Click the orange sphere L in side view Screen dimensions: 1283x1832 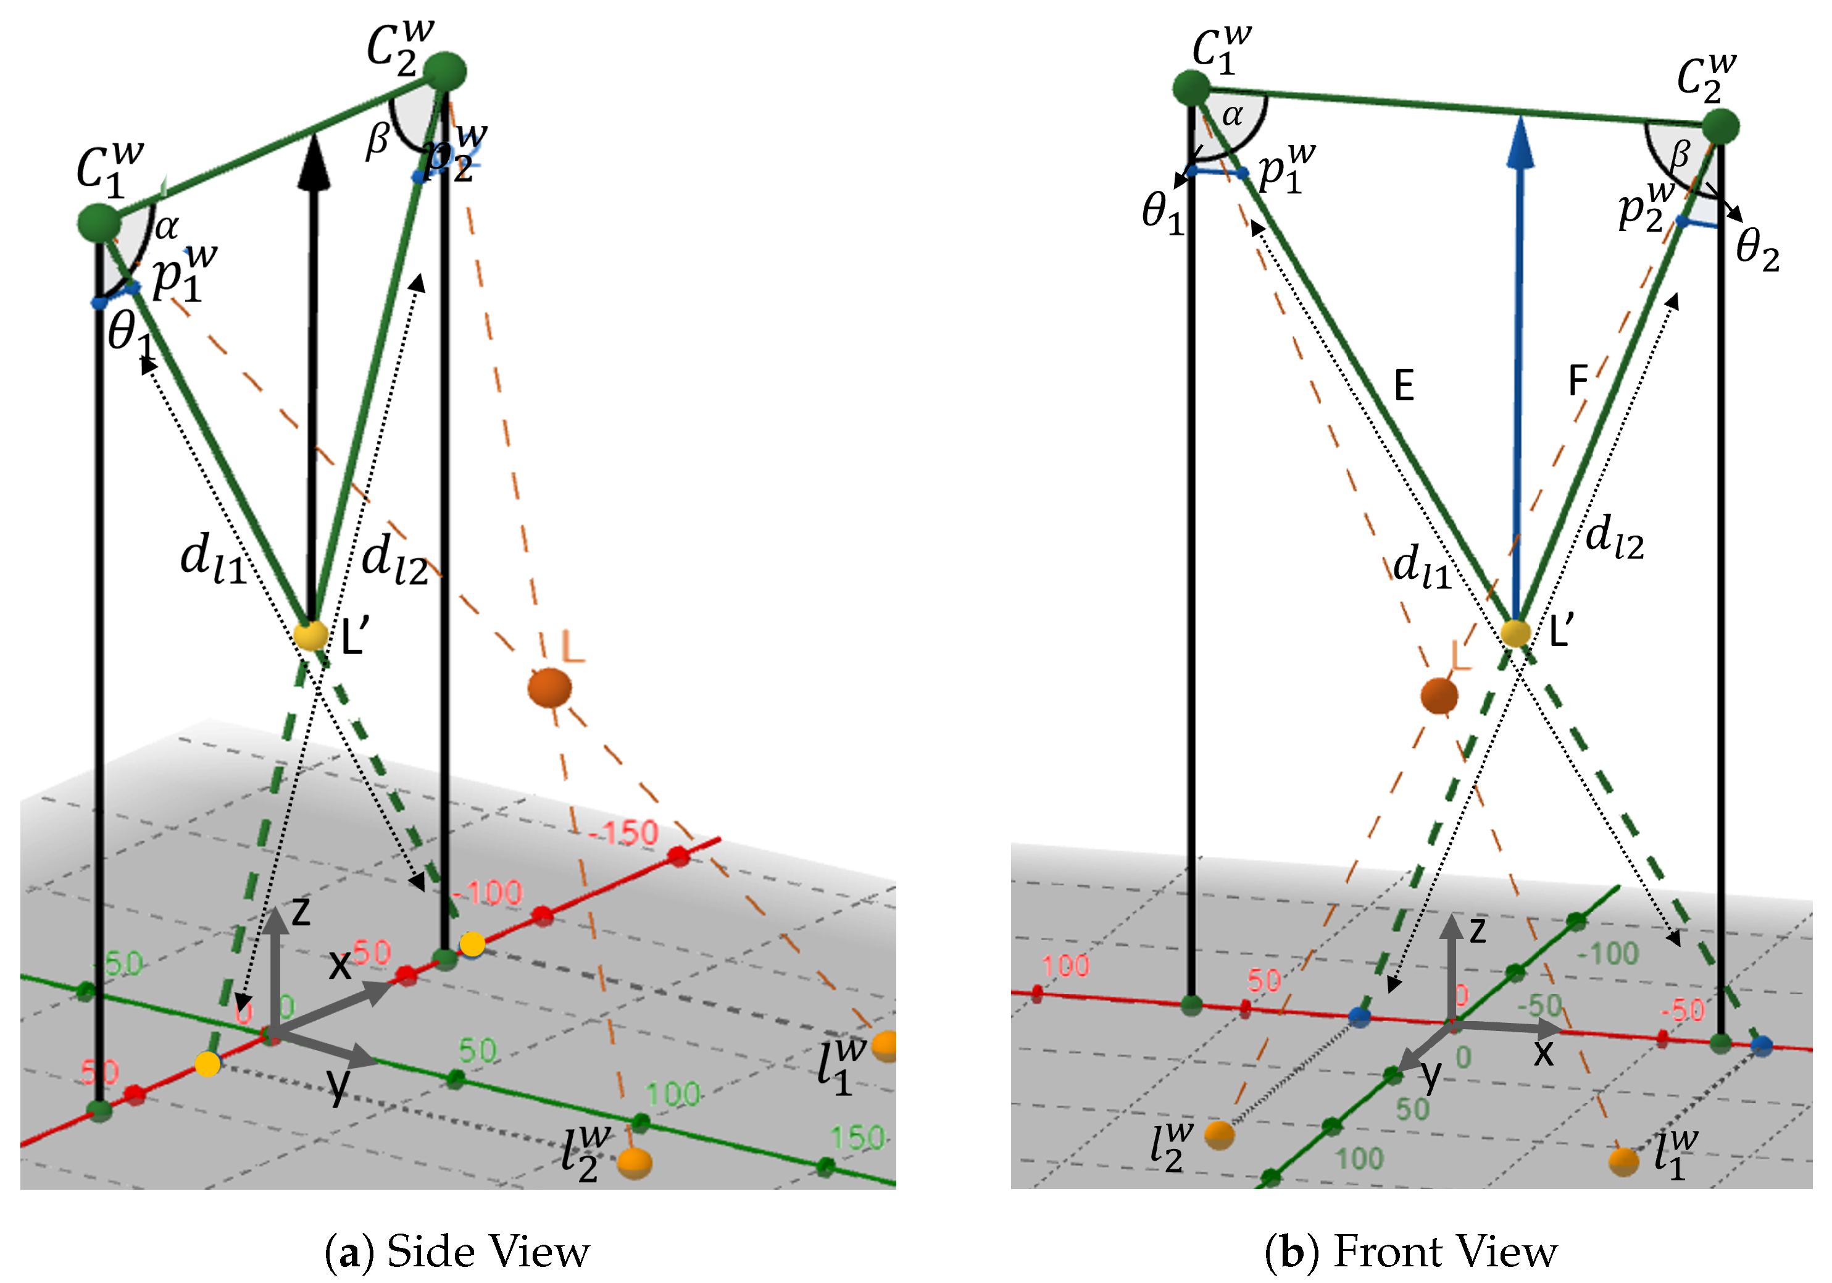click(550, 688)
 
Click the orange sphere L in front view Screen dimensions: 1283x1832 click(1439, 696)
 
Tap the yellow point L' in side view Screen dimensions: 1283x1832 click(310, 636)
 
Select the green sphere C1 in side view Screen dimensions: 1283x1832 click(99, 223)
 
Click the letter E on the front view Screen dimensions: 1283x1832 click(1404, 387)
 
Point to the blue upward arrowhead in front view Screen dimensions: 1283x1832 click(1521, 144)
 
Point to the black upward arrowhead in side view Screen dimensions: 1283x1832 click(314, 164)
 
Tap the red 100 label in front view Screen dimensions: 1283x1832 click(1065, 966)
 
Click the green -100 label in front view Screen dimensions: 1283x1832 click(1609, 953)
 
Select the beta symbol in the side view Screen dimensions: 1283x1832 click(377, 141)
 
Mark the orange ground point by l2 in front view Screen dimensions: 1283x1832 click(1218, 1135)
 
